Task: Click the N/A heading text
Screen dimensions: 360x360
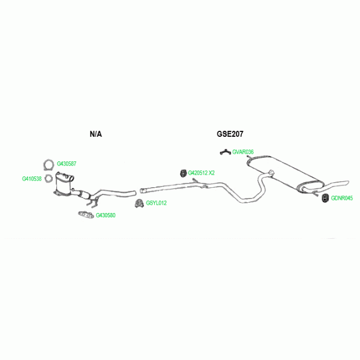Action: [95, 134]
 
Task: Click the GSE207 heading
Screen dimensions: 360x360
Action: [230, 134]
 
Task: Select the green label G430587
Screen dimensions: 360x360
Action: [67, 164]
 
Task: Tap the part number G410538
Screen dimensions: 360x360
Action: [32, 178]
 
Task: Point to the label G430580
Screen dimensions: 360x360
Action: [106, 215]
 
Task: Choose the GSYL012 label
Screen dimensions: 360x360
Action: [157, 203]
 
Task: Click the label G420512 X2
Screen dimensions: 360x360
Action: [202, 173]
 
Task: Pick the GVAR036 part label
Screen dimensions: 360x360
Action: [243, 152]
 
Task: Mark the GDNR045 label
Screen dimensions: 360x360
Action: [342, 198]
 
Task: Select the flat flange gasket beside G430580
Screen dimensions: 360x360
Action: [85, 214]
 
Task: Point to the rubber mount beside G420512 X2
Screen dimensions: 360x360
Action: [182, 173]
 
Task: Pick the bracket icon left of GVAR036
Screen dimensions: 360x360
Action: [224, 151]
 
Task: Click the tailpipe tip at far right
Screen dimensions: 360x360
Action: [344, 182]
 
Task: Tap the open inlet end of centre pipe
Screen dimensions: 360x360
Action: [142, 191]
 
